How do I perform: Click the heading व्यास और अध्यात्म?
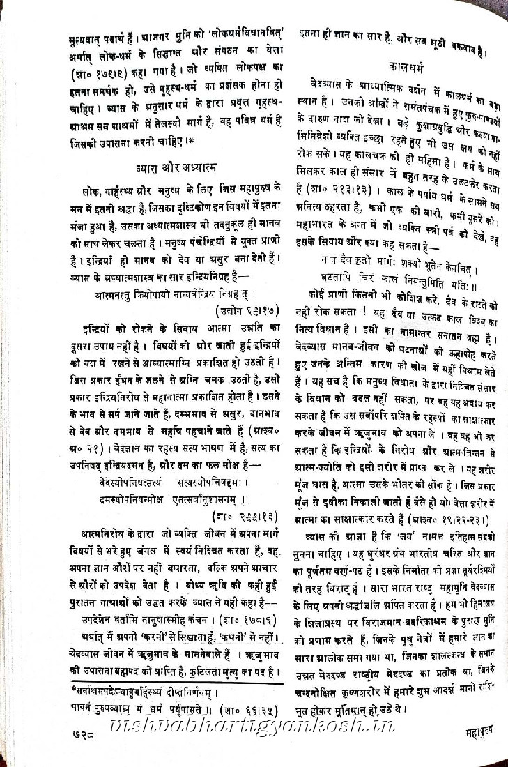pyautogui.click(x=176, y=167)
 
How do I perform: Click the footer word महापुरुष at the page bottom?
pyautogui.click(x=472, y=732)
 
